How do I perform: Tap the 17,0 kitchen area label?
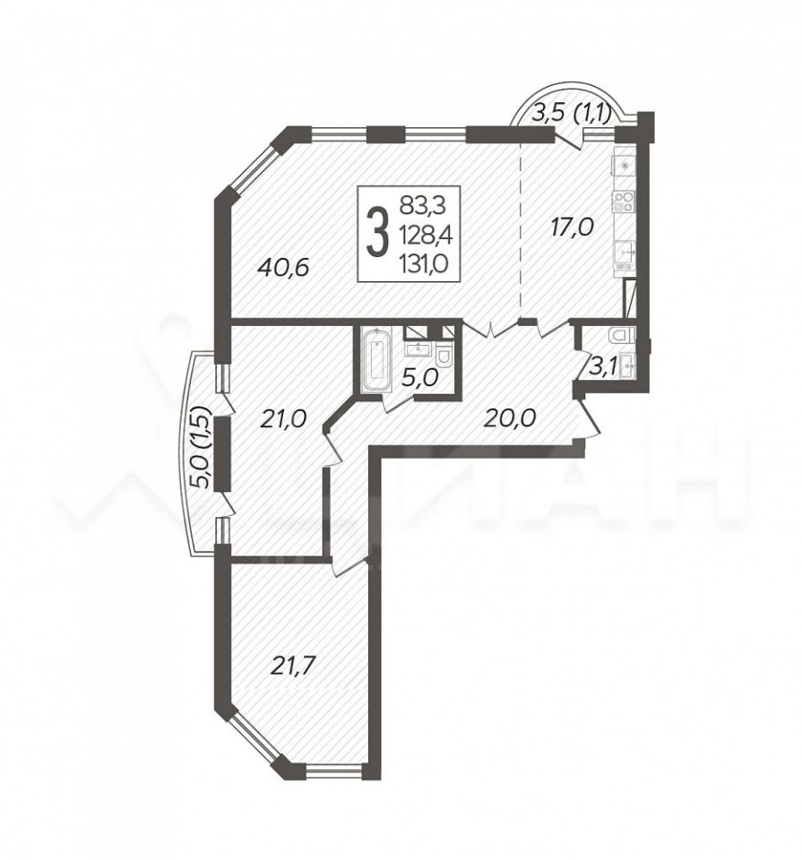pyautogui.click(x=571, y=226)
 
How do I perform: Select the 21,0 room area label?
pyautogui.click(x=283, y=419)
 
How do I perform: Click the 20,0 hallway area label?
pyautogui.click(x=509, y=418)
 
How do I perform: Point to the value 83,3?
pyautogui.click(x=423, y=206)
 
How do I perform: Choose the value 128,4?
pyautogui.click(x=426, y=235)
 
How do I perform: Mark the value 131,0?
pyautogui.click(x=425, y=264)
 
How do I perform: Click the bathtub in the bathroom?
pyautogui.click(x=376, y=360)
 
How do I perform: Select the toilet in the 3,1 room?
pyautogui.click(x=623, y=334)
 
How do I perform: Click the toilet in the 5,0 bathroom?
pyautogui.click(x=444, y=357)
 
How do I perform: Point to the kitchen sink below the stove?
pyautogui.click(x=625, y=253)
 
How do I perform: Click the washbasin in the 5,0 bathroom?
pyautogui.click(x=419, y=348)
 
